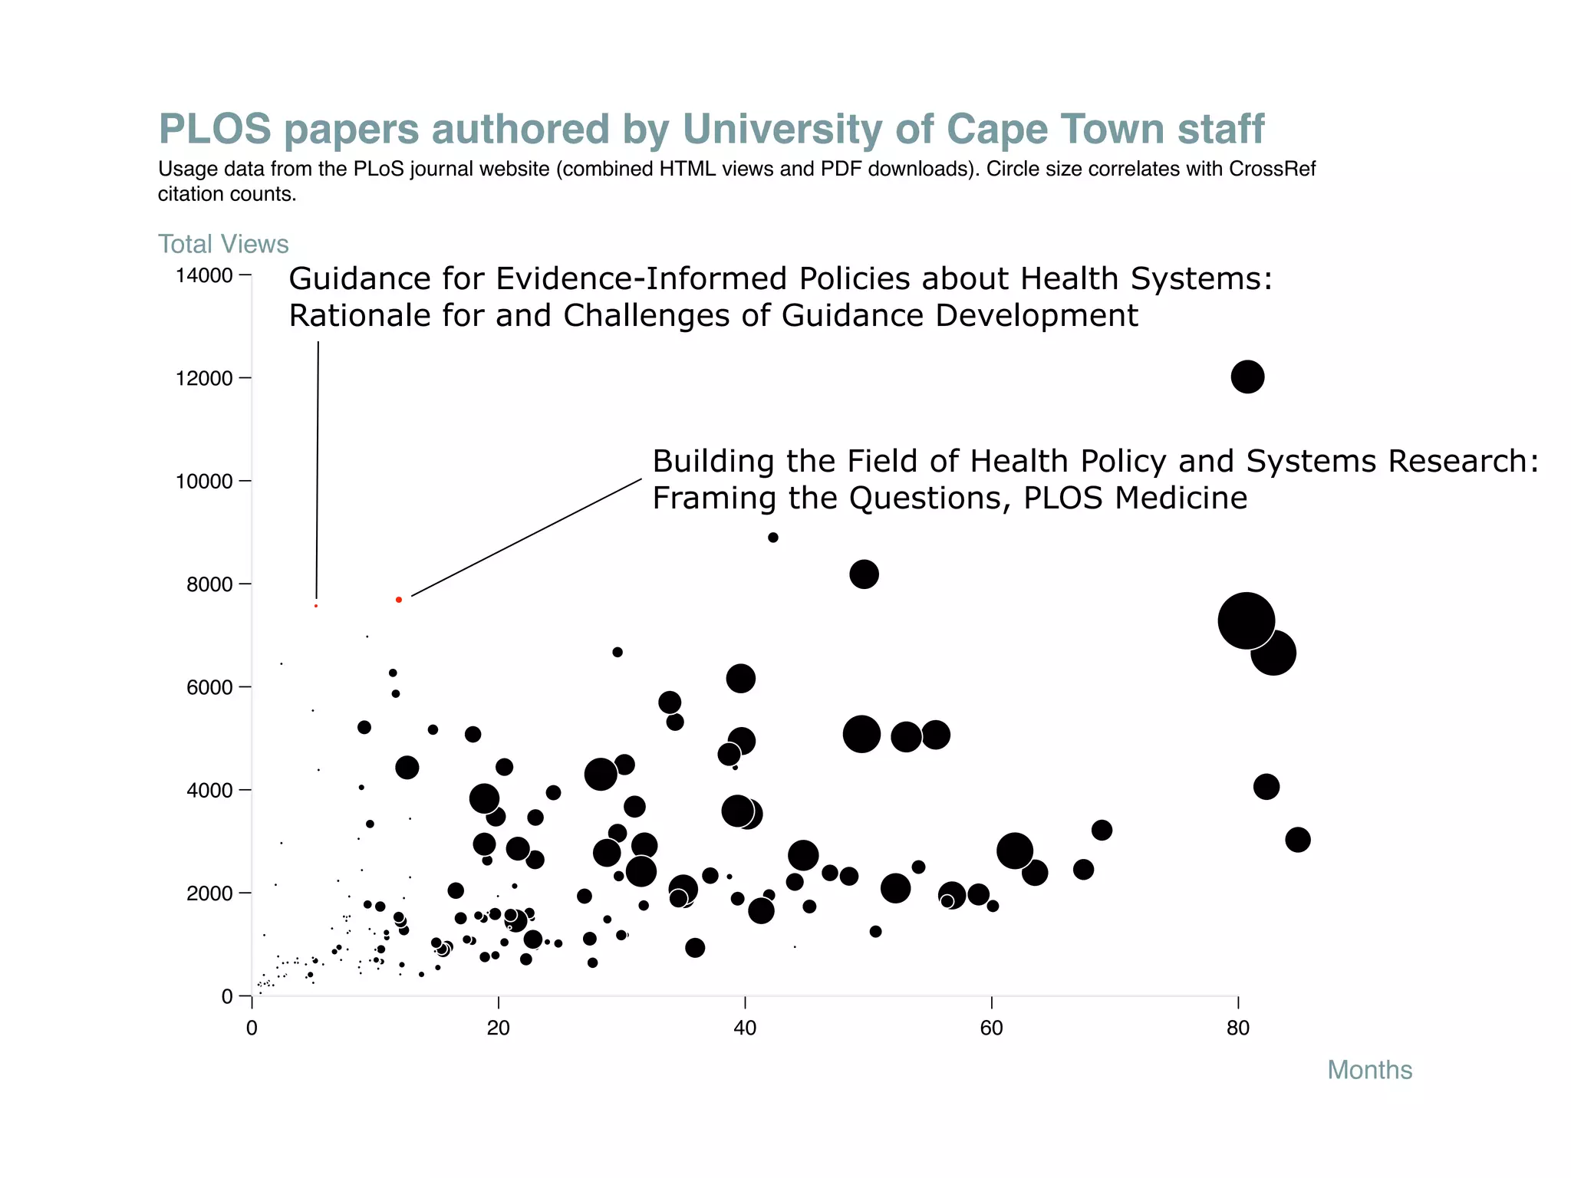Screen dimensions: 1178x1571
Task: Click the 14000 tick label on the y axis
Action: (x=204, y=275)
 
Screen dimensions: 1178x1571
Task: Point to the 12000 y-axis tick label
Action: (x=204, y=378)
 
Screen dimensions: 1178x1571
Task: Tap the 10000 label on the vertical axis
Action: (x=204, y=481)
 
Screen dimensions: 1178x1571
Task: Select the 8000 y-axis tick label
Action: (x=209, y=584)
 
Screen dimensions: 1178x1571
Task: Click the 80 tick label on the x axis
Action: (x=1238, y=1028)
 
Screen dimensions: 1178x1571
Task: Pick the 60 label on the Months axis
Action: (x=991, y=1028)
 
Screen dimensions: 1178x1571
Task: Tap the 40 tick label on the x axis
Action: (x=745, y=1028)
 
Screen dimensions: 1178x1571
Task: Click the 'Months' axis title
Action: (x=1369, y=1070)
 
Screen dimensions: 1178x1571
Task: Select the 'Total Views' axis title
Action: (x=223, y=244)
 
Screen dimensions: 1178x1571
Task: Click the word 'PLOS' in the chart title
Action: (x=215, y=129)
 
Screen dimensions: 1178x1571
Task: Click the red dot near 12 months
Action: (x=399, y=600)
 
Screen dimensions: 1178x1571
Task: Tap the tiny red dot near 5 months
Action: (x=316, y=606)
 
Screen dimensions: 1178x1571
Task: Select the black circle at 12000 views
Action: (x=1247, y=377)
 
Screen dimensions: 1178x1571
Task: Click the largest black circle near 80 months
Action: (x=1246, y=621)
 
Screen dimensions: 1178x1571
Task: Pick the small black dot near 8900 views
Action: (x=773, y=538)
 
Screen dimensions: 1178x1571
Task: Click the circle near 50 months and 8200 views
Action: (x=864, y=574)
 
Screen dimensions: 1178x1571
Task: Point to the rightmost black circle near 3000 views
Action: (x=1297, y=840)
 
